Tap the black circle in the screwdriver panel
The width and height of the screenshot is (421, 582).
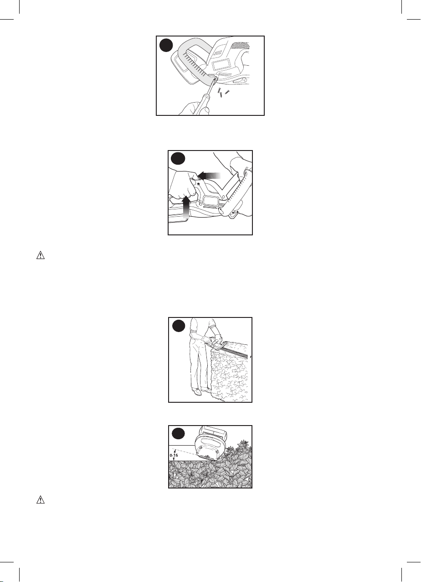[166, 46]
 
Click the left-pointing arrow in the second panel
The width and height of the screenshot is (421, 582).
[210, 176]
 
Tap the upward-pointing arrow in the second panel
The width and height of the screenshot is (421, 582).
[186, 207]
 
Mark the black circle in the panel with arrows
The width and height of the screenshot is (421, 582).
[179, 158]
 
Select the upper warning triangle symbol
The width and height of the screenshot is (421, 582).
[41, 255]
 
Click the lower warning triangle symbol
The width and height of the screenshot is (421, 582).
[41, 499]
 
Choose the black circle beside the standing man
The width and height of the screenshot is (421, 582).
[179, 326]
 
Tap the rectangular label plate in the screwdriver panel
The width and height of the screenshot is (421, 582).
[221, 64]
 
